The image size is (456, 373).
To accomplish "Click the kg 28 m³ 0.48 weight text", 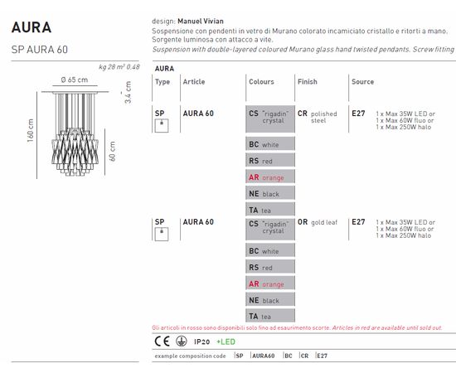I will click(x=119, y=65).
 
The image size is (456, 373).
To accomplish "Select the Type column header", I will click(x=163, y=82).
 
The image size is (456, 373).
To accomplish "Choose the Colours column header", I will click(x=261, y=82).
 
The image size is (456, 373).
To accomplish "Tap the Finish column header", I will click(x=307, y=82).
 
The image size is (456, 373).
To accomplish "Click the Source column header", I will click(x=362, y=82).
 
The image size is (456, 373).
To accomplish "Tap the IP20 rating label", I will click(x=201, y=342).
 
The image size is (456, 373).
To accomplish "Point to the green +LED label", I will click(x=226, y=342).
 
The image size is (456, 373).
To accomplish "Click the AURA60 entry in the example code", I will click(x=263, y=356).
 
